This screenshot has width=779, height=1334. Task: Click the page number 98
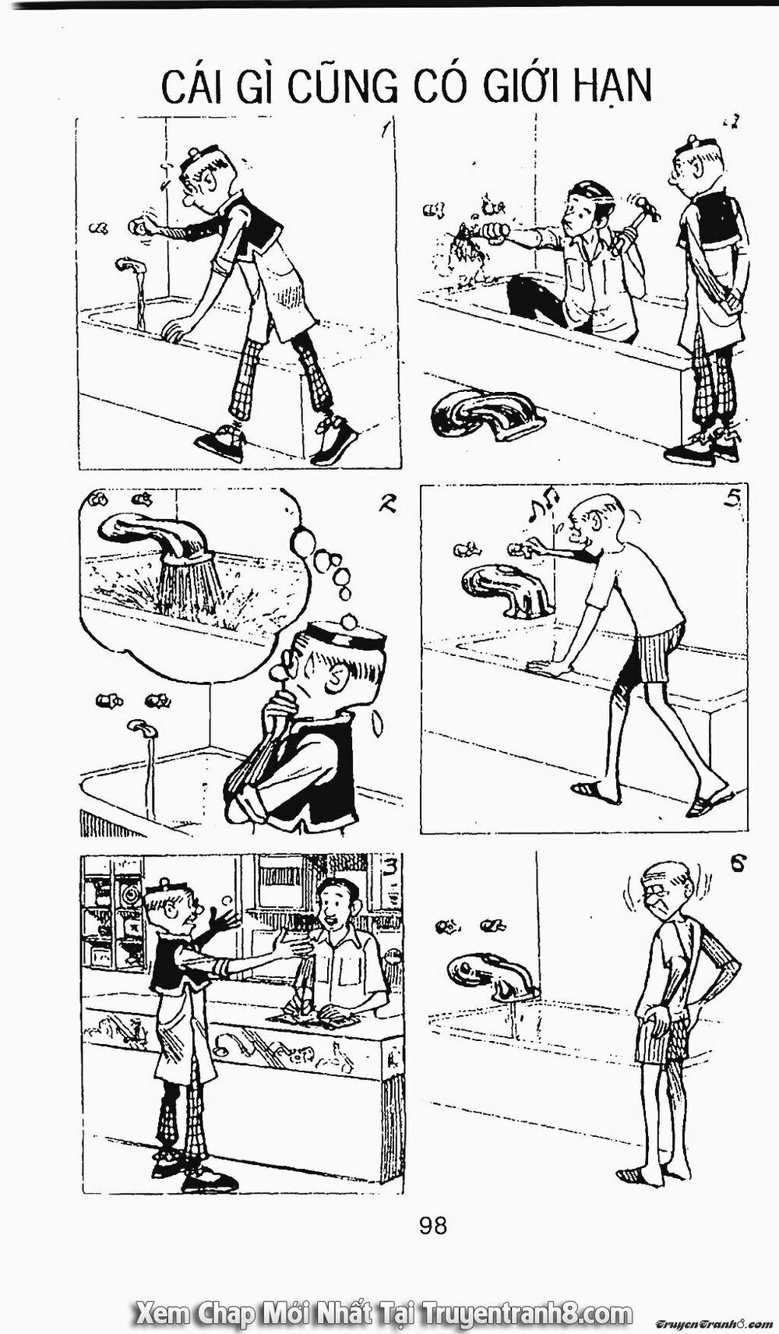point(432,1226)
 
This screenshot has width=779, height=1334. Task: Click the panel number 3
point(389,867)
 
